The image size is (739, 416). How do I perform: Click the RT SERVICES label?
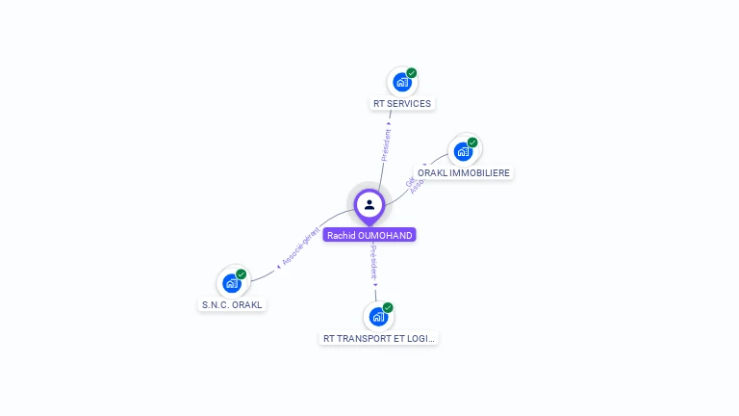[402, 103]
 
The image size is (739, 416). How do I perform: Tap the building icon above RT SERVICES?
[402, 83]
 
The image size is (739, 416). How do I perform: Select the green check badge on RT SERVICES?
[412, 73]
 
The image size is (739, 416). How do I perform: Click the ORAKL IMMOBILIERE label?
[465, 172]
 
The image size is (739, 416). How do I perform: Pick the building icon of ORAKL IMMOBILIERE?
[463, 152]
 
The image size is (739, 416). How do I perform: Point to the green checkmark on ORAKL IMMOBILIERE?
[472, 143]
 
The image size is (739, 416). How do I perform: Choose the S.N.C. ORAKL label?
[232, 304]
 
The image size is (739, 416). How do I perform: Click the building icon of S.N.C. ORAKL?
[231, 283]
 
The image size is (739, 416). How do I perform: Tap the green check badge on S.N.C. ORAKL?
[242, 274]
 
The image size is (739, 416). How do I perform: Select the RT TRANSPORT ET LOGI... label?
[379, 338]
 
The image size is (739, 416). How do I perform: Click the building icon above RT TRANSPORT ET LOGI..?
[378, 317]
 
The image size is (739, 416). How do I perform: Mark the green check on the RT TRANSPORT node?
[388, 307]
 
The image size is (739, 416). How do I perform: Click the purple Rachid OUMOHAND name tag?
[369, 235]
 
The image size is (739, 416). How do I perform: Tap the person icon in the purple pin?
[369, 204]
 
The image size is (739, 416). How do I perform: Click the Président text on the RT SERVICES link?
[385, 142]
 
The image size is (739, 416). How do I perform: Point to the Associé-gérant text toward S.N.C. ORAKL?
[299, 246]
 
